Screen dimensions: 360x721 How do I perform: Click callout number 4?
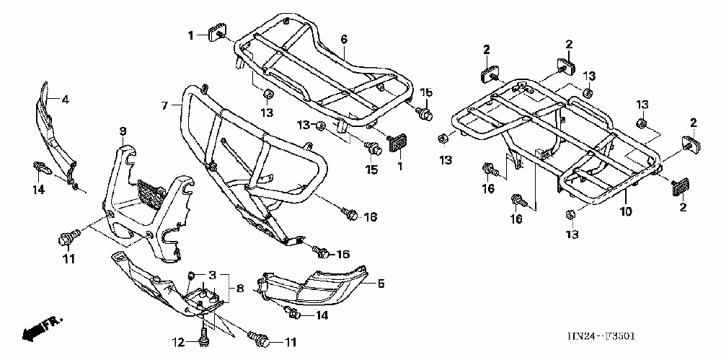pyautogui.click(x=65, y=100)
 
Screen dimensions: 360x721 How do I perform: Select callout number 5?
pyautogui.click(x=381, y=284)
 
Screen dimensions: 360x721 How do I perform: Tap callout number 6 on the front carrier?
pyautogui.click(x=344, y=38)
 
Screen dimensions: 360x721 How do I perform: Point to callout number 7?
pyautogui.click(x=165, y=105)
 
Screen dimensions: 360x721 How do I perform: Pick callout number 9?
pyautogui.click(x=123, y=131)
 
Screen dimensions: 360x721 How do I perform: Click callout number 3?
pyautogui.click(x=213, y=276)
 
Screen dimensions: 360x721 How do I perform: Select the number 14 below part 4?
pyautogui.click(x=39, y=190)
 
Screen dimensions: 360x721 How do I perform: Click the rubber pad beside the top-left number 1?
pyautogui.click(x=216, y=33)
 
